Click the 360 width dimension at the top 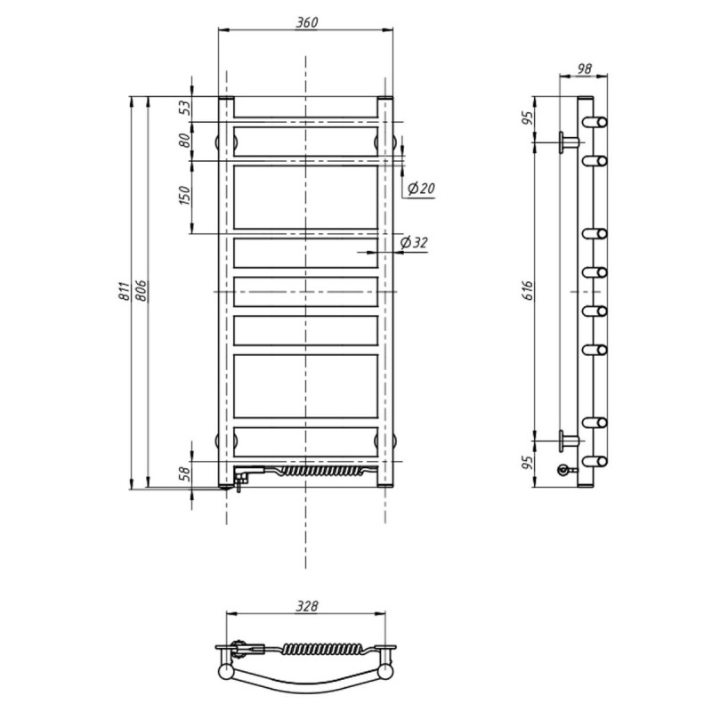click(x=307, y=22)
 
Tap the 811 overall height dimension click(x=124, y=291)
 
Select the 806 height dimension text click(x=142, y=291)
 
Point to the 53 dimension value click(x=185, y=108)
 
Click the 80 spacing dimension click(x=185, y=141)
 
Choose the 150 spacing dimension click(x=185, y=195)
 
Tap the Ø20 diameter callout click(x=421, y=188)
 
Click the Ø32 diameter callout click(x=414, y=242)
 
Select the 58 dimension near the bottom click(x=185, y=474)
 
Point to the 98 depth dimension click(x=585, y=69)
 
